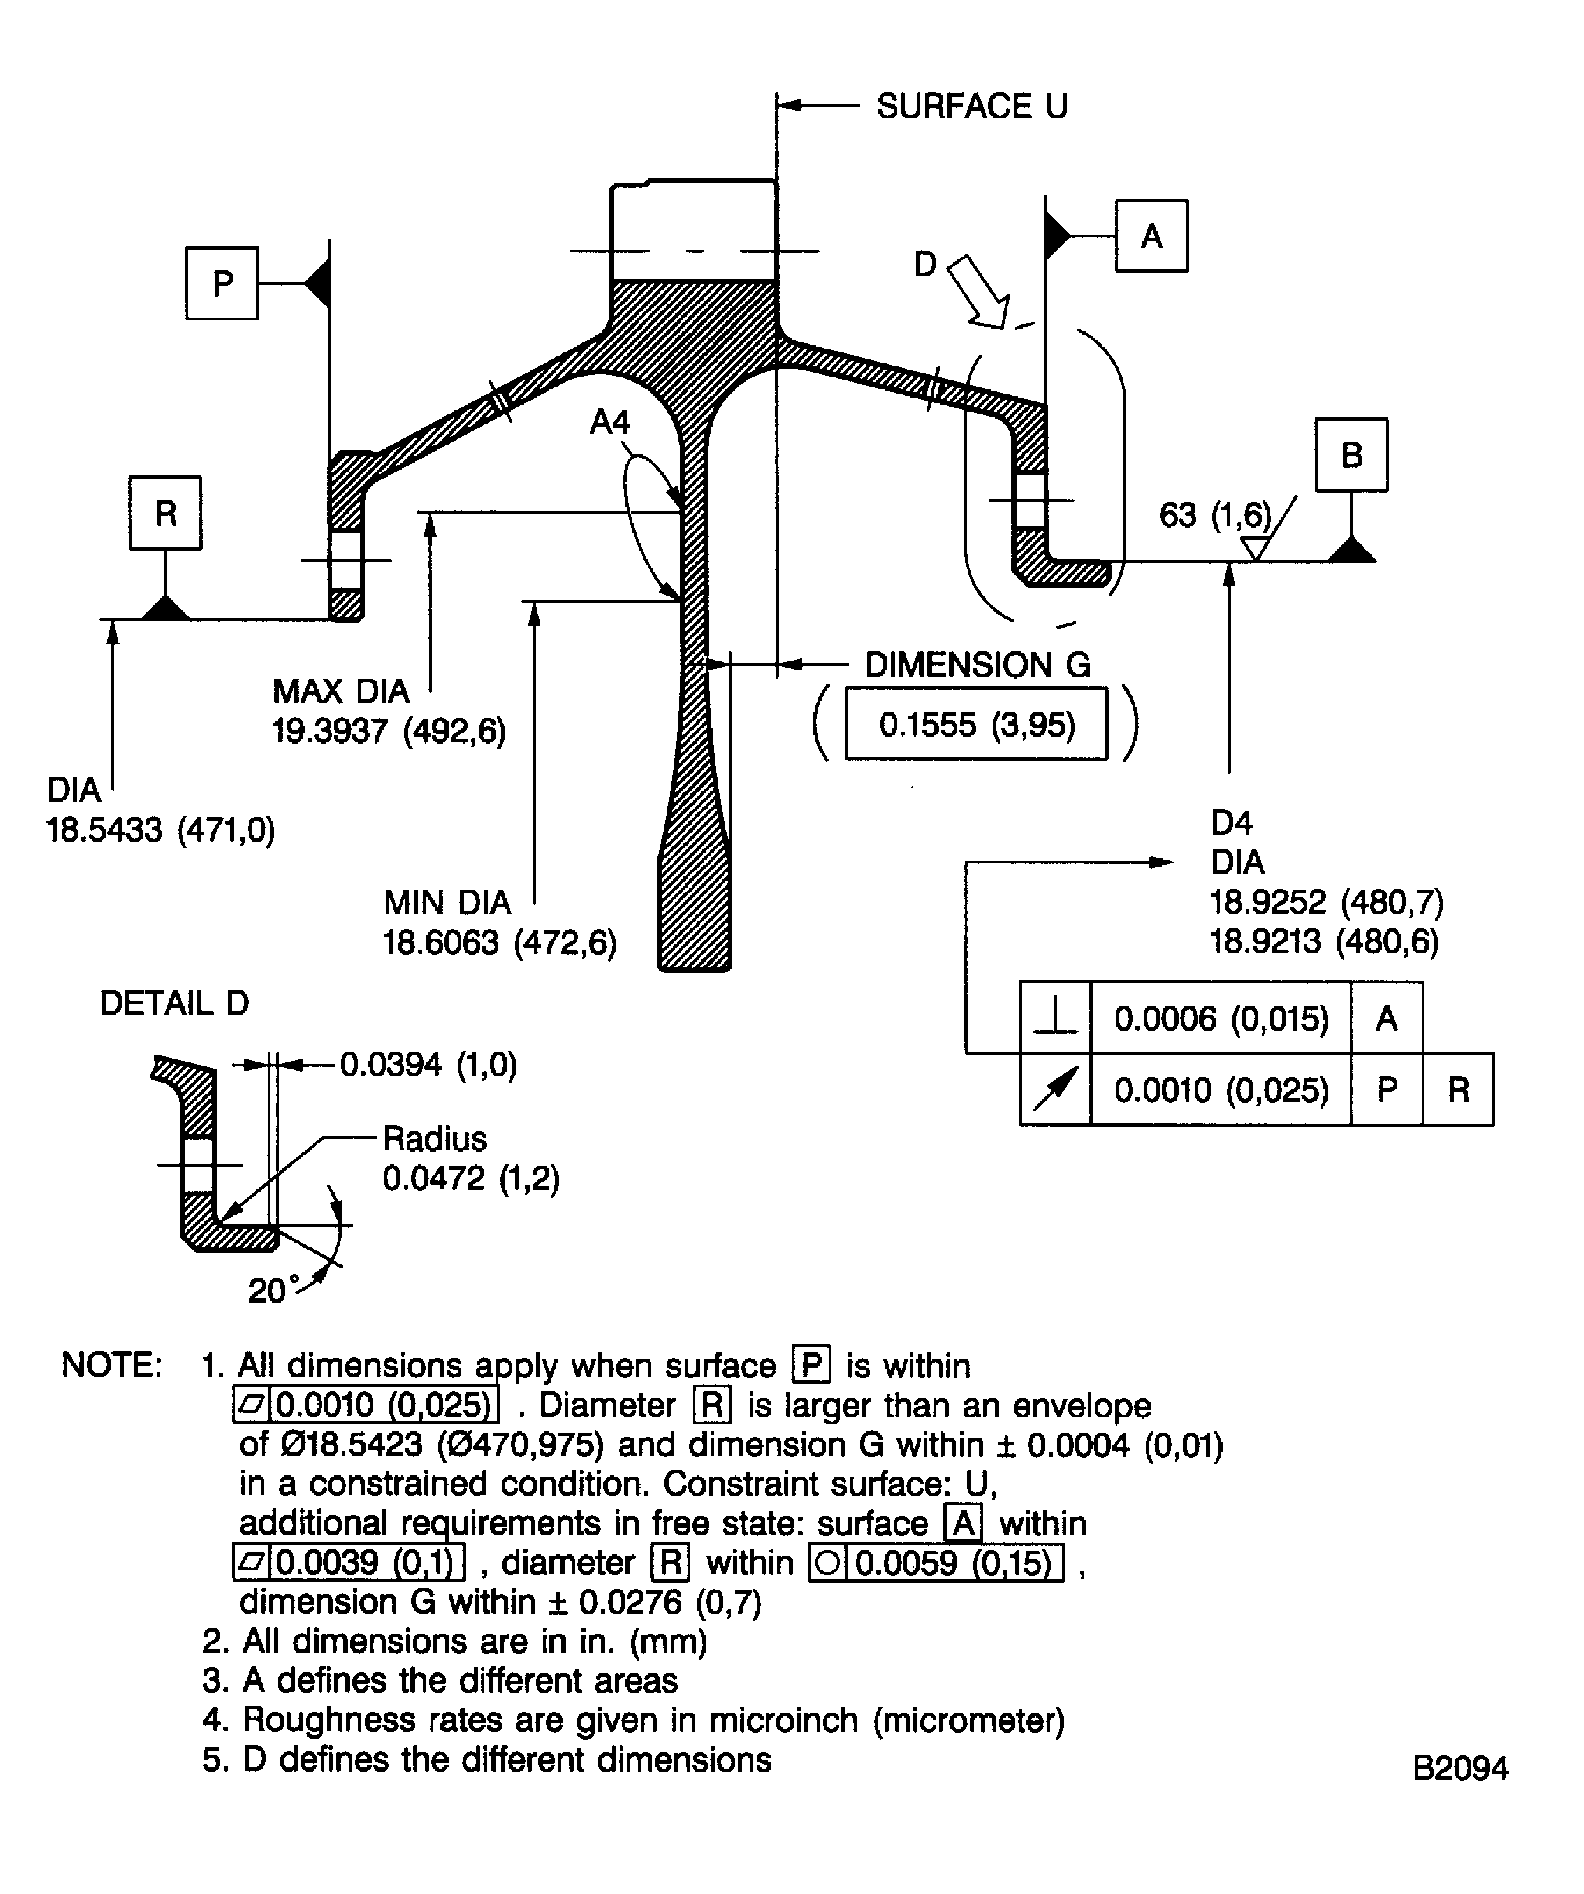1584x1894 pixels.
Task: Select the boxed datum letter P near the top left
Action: pos(222,283)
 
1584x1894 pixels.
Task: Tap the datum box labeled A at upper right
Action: pos(1151,236)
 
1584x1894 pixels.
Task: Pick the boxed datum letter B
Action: pos(1351,454)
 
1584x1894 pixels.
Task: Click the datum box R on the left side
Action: pos(165,513)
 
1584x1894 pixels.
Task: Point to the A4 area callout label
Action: pos(609,421)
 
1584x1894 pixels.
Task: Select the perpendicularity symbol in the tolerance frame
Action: pos(1055,1018)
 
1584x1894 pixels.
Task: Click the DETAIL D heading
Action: pos(174,1003)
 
